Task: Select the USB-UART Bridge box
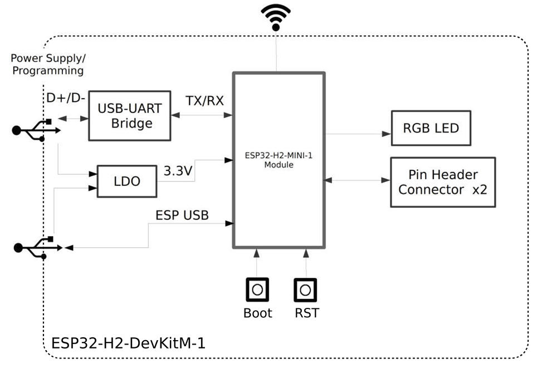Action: [x=129, y=116]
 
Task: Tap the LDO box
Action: [x=126, y=181]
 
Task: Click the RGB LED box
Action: [x=431, y=128]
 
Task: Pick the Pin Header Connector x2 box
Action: [x=443, y=182]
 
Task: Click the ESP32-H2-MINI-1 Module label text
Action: [x=278, y=160]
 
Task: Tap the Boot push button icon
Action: [x=257, y=290]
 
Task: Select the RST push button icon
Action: [x=305, y=290]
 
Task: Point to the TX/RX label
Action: [x=204, y=101]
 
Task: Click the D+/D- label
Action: [x=66, y=99]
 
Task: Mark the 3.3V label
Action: [x=178, y=171]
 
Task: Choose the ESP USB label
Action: [x=182, y=215]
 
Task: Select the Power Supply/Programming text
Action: [x=48, y=65]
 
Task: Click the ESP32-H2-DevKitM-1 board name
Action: [x=128, y=342]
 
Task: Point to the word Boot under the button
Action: [x=257, y=313]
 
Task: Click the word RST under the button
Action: [x=307, y=313]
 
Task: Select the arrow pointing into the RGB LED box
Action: [x=384, y=134]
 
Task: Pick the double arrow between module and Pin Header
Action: [x=356, y=180]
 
